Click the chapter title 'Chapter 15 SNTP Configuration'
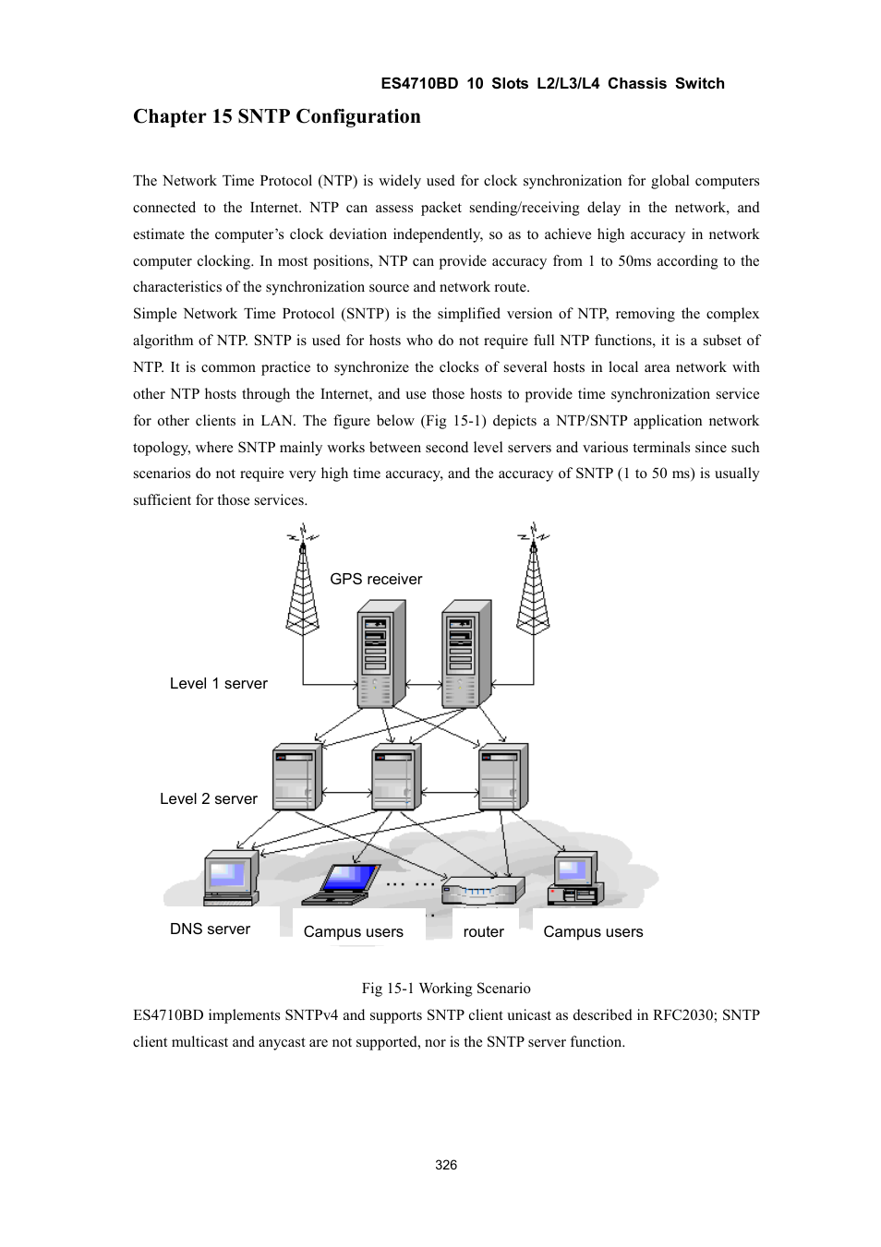tap(276, 116)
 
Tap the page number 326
tap(446, 1165)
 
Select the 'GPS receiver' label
tap(376, 580)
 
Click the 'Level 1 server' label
tap(219, 684)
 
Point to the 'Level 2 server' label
tap(209, 799)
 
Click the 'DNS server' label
tap(210, 929)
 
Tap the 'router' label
tap(483, 932)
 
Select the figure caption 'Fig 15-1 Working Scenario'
tap(446, 989)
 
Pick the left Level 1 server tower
tap(380, 654)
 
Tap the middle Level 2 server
tap(395, 778)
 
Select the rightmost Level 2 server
tap(502, 778)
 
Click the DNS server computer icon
tap(230, 878)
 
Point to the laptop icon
tap(343, 883)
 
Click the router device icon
tap(482, 891)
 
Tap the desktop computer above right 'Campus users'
tap(575, 880)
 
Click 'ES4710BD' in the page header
tap(419, 84)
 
